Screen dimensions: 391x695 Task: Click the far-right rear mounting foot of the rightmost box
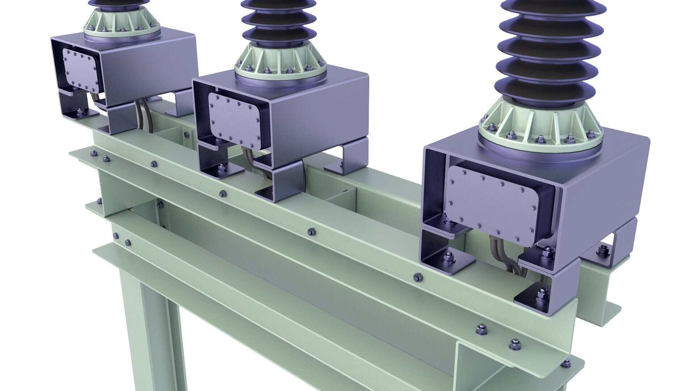coord(608,250)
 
